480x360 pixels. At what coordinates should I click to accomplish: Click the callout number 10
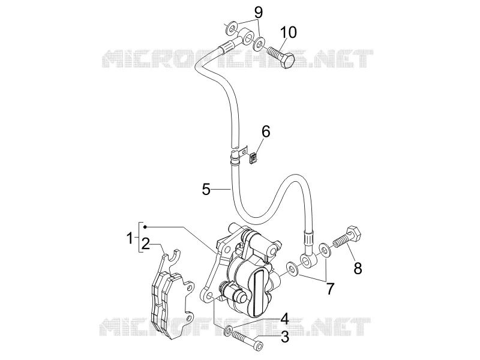[289, 32]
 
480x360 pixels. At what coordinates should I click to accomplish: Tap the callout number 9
[259, 13]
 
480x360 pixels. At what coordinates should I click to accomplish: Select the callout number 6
[266, 132]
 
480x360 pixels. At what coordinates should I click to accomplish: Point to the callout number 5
[206, 189]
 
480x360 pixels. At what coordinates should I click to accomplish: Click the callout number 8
[358, 268]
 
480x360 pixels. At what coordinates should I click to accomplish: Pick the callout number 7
[329, 289]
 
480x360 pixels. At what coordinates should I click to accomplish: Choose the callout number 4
[284, 319]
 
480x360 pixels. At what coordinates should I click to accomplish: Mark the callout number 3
[284, 337]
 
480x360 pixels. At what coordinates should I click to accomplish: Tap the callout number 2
[145, 244]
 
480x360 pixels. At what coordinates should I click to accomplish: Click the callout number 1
[130, 238]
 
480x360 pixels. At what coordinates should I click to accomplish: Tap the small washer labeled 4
[229, 331]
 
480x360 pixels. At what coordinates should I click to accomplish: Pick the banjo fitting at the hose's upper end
[247, 35]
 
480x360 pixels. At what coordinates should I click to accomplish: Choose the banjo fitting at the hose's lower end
[308, 259]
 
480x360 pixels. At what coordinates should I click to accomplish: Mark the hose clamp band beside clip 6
[235, 157]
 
